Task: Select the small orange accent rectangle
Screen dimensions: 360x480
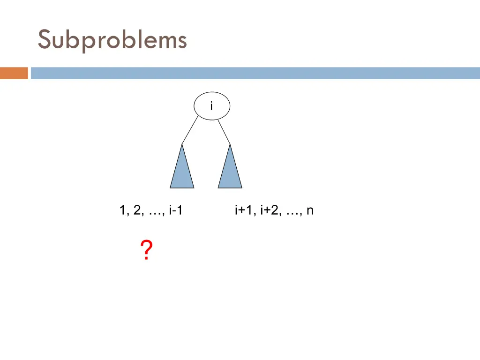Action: pos(14,73)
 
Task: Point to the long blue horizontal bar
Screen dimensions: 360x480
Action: pos(255,73)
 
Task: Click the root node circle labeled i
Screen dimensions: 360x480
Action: pos(212,106)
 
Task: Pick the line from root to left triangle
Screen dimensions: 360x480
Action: pos(190,130)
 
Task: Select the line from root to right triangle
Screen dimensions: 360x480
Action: pos(225,132)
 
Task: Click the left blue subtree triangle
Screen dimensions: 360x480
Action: pos(182,171)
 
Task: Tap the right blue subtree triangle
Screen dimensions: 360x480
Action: pos(230,171)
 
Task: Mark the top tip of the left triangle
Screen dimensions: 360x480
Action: pos(182,145)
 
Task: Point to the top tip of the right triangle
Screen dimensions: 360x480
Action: pos(230,145)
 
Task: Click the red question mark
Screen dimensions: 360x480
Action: pos(146,250)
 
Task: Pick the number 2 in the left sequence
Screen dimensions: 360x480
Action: pos(137,211)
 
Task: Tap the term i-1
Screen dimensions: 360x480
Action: pos(175,211)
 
